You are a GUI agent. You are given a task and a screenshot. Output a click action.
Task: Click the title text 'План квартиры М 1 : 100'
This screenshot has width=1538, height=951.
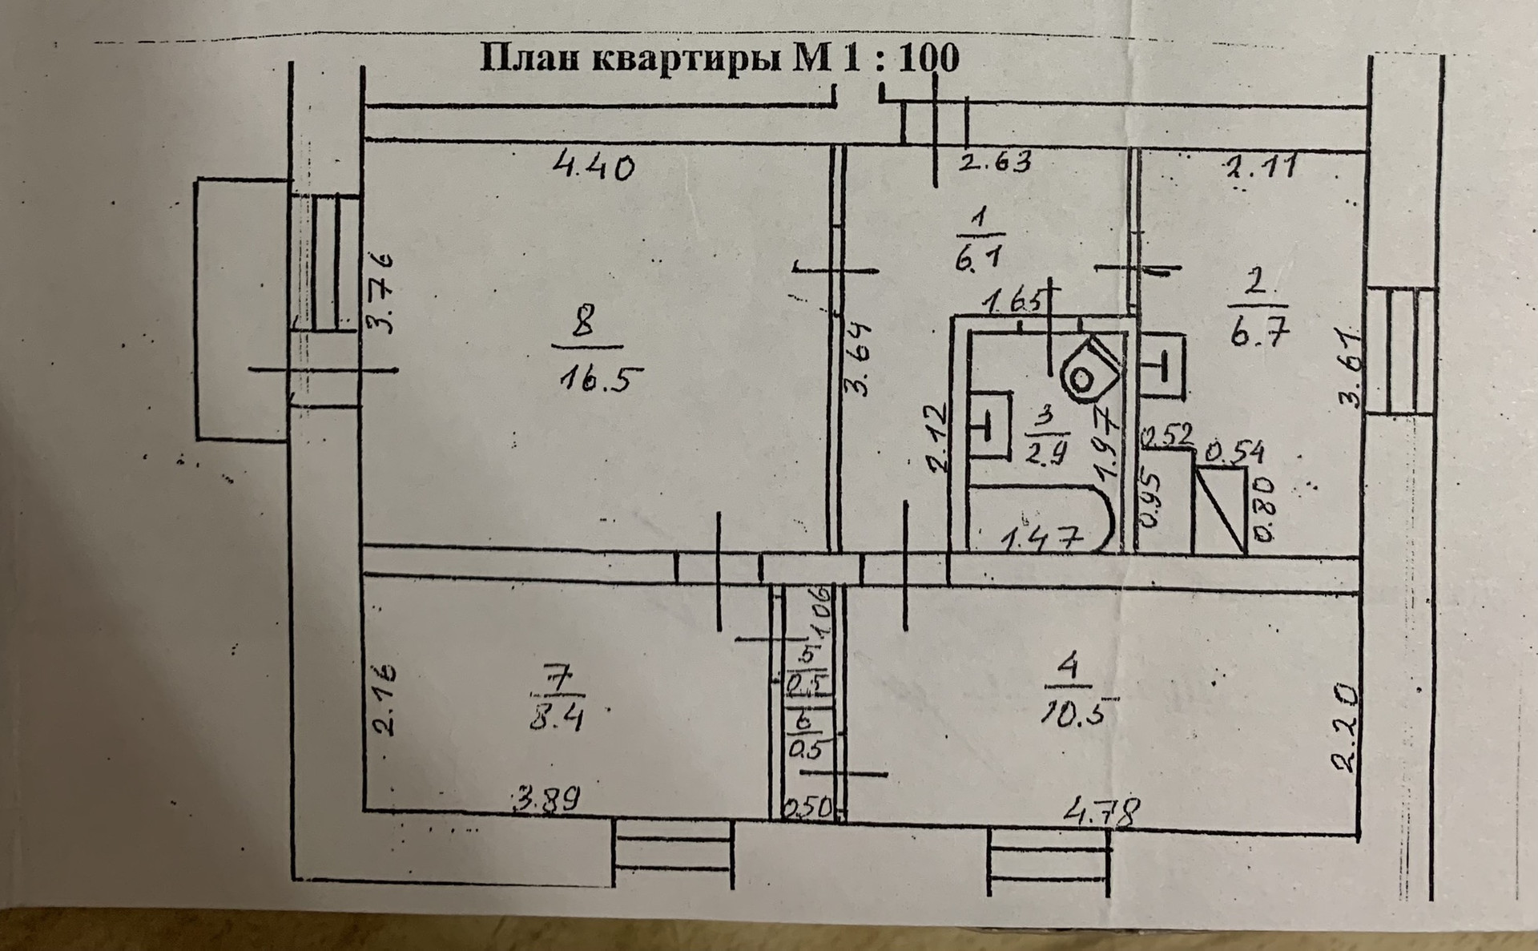pyautogui.click(x=719, y=59)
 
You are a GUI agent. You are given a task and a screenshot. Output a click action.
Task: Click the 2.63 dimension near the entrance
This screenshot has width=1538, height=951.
pyautogui.click(x=996, y=163)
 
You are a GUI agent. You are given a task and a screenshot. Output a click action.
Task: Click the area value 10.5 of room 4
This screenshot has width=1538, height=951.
pyautogui.click(x=1076, y=711)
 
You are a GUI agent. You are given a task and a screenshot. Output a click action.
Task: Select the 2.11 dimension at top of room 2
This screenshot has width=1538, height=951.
pyautogui.click(x=1260, y=168)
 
